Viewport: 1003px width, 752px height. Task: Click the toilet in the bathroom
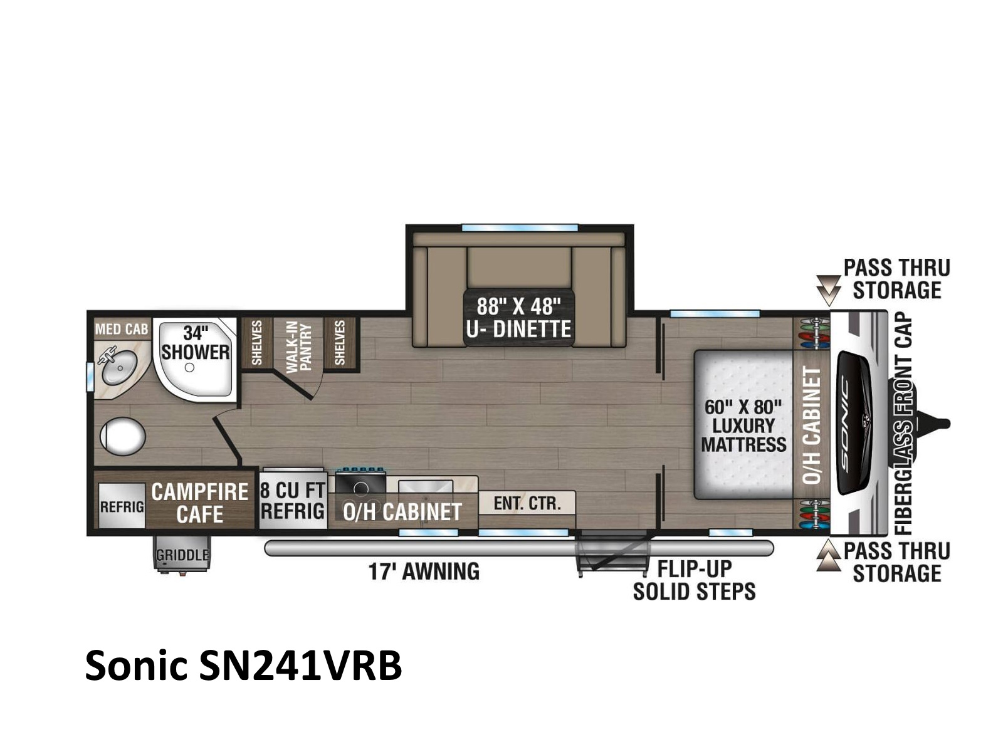pyautogui.click(x=122, y=437)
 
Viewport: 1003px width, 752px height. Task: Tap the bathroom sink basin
pyautogui.click(x=119, y=366)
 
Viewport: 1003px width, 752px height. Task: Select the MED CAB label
pyautogui.click(x=122, y=329)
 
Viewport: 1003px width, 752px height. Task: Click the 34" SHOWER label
pyautogui.click(x=195, y=343)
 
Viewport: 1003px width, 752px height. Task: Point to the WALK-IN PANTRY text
pyautogui.click(x=298, y=346)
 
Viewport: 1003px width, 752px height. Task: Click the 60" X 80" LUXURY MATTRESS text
pyautogui.click(x=743, y=426)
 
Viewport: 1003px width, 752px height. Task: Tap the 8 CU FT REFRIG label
pyautogui.click(x=293, y=501)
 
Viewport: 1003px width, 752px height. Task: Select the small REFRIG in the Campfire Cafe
pyautogui.click(x=122, y=506)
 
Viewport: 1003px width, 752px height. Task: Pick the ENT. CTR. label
pyautogui.click(x=527, y=503)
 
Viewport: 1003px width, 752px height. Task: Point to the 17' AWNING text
pyautogui.click(x=424, y=571)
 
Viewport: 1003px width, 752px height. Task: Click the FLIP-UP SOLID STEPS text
pyautogui.click(x=694, y=580)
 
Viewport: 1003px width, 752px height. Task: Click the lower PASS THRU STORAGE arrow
pyautogui.click(x=828, y=555)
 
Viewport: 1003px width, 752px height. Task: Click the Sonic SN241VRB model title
pyautogui.click(x=243, y=666)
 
